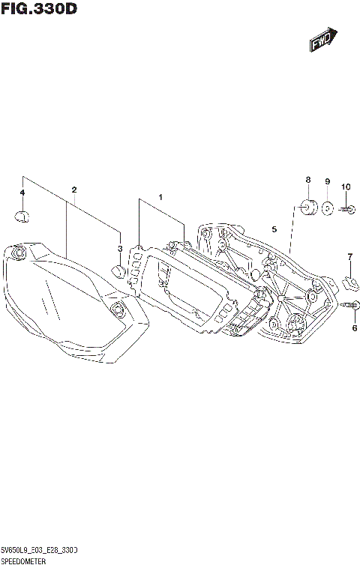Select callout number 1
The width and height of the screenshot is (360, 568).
point(160,197)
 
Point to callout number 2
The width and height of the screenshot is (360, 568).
point(74,190)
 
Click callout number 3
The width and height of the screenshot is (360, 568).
point(119,248)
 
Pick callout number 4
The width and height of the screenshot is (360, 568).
point(22,193)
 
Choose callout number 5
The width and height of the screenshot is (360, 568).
point(274,229)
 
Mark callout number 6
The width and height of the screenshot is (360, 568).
point(355,327)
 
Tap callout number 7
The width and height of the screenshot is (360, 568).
point(349,258)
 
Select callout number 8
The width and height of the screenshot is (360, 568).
point(307,180)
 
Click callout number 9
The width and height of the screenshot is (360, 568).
point(328,182)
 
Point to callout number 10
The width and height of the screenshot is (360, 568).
point(346,187)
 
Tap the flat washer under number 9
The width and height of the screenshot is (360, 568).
point(328,208)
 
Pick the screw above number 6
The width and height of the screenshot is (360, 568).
point(352,305)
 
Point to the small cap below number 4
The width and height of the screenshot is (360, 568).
point(22,217)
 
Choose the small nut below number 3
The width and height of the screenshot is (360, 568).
point(118,271)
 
